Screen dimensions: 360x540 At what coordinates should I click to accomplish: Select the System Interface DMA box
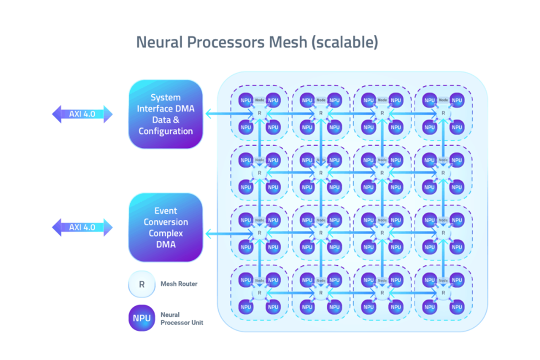pyautogui.click(x=165, y=114)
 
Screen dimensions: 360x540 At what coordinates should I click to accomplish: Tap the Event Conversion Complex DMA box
pyautogui.click(x=165, y=227)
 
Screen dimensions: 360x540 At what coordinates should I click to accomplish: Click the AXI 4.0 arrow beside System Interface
pyautogui.click(x=83, y=114)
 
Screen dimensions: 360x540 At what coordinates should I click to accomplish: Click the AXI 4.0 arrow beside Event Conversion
pyautogui.click(x=83, y=227)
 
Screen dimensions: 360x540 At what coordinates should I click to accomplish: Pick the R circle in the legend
pyautogui.click(x=142, y=284)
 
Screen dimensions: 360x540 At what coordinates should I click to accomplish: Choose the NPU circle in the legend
pyautogui.click(x=142, y=318)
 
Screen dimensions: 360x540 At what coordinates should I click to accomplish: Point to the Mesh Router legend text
pyautogui.click(x=179, y=284)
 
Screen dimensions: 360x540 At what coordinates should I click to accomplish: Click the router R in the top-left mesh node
pyautogui.click(x=259, y=113)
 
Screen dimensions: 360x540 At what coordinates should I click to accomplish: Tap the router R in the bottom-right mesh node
pyautogui.click(x=443, y=293)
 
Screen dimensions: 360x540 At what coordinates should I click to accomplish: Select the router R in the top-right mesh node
pyautogui.click(x=443, y=113)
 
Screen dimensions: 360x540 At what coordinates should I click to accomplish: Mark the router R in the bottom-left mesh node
pyautogui.click(x=259, y=293)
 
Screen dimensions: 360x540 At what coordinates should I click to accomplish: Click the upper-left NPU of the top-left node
pyautogui.click(x=246, y=100)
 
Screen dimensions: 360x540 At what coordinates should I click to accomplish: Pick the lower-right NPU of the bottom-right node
pyautogui.click(x=456, y=306)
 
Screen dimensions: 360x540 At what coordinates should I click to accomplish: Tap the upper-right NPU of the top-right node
pyautogui.click(x=456, y=100)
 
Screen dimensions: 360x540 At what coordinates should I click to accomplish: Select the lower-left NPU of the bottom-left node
pyautogui.click(x=246, y=306)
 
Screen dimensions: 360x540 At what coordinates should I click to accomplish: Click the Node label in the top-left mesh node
pyautogui.click(x=259, y=100)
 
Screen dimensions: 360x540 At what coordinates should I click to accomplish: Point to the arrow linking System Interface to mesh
pyautogui.click(x=227, y=114)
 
